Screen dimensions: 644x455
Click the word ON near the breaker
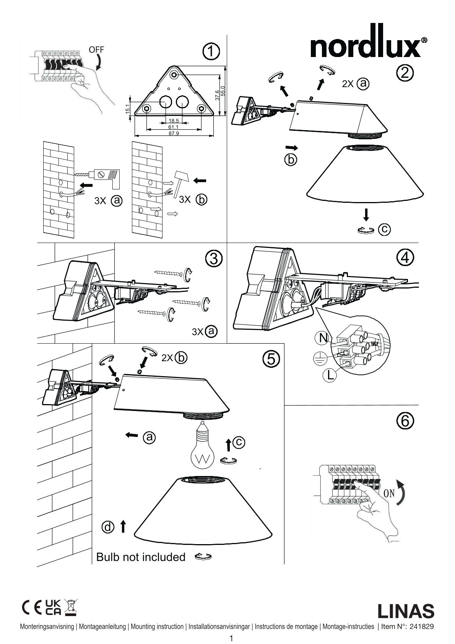click(389, 493)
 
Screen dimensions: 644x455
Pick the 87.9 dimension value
click(174, 133)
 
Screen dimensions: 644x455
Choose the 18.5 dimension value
click(174, 121)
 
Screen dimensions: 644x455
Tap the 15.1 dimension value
click(128, 108)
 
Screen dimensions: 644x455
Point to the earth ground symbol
click(318, 358)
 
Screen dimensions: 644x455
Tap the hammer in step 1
click(180, 180)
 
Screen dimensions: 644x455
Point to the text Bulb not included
click(141, 557)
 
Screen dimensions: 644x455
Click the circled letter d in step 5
click(108, 527)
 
